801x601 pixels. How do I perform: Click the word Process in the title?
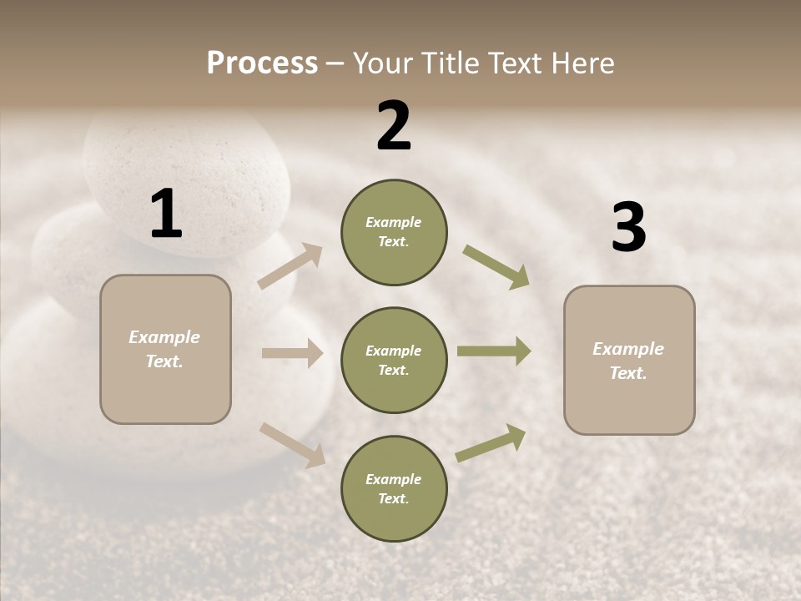(262, 63)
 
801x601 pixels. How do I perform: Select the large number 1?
(166, 215)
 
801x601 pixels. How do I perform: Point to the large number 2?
(394, 126)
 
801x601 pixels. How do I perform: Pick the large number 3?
(628, 227)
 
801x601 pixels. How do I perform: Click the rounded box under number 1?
(165, 349)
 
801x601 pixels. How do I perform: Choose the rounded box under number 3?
(629, 361)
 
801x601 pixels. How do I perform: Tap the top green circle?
(394, 232)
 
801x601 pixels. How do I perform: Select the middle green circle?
(394, 361)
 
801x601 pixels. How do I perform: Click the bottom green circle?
(394, 489)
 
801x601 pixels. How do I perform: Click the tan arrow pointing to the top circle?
(290, 266)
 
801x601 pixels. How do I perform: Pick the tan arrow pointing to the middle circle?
(292, 353)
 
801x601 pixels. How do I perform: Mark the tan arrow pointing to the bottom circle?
(292, 445)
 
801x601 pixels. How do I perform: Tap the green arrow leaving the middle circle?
(494, 351)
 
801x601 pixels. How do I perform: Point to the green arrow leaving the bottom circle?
(491, 443)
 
